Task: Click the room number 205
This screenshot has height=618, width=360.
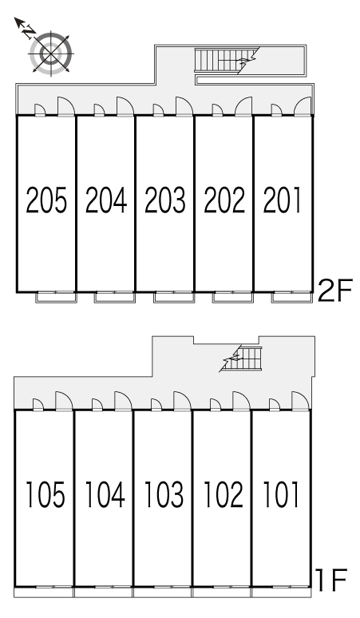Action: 46,200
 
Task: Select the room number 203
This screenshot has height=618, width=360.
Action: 165,200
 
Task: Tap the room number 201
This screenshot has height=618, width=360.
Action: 282,200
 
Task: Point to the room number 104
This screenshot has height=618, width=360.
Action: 105,494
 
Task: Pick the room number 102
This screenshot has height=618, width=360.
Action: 224,494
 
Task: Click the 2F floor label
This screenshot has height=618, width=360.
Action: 334,290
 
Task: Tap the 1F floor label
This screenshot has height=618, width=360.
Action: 330,580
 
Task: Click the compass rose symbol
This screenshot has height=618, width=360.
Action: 51,53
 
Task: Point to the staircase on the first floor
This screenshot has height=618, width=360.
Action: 241,359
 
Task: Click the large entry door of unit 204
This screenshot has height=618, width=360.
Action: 125,106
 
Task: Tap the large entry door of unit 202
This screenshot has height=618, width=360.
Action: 243,106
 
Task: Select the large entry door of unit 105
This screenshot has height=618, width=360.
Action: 64,401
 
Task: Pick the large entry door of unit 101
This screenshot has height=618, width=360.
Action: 300,401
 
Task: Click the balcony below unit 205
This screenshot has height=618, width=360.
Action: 56,297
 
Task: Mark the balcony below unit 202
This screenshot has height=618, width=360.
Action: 232,297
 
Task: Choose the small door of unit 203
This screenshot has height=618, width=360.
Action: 158,110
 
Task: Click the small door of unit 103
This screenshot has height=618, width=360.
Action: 156,405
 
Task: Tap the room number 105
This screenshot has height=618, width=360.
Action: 45,494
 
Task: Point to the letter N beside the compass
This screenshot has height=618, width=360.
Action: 28,31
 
